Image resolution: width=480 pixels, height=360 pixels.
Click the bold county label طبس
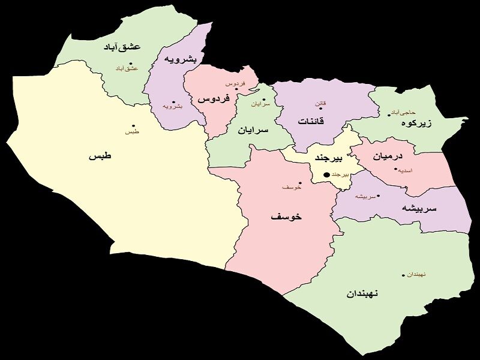click(101, 156)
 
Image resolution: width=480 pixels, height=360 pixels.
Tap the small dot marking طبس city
click(133, 125)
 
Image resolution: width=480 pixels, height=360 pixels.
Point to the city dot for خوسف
click(299, 182)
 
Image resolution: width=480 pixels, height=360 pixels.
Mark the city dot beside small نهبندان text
click(403, 275)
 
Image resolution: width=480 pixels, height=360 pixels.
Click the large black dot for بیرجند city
click(326, 175)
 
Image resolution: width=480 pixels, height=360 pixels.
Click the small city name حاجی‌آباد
click(403, 112)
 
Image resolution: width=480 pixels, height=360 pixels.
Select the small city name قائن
click(321, 103)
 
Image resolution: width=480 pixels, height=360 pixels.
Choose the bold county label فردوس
click(211, 98)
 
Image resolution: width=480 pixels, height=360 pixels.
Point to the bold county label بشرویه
click(179, 60)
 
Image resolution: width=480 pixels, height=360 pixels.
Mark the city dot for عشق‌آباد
click(131, 63)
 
